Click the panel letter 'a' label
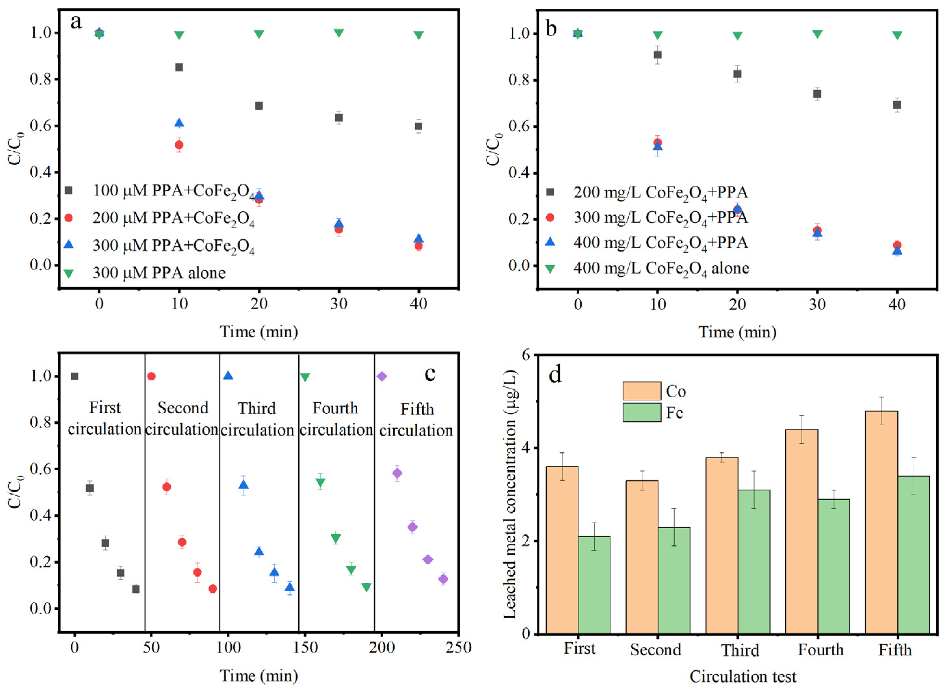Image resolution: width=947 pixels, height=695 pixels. [76, 22]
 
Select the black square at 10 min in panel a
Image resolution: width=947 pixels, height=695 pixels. [179, 67]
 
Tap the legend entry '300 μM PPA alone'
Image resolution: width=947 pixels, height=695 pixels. [159, 273]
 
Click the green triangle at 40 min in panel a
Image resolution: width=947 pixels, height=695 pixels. [418, 35]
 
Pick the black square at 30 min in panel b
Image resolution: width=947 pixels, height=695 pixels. [817, 94]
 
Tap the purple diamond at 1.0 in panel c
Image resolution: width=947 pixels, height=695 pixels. [382, 376]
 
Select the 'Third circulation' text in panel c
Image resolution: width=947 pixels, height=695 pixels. [257, 419]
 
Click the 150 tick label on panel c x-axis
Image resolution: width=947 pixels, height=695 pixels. [305, 648]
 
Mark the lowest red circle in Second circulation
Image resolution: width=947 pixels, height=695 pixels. [213, 589]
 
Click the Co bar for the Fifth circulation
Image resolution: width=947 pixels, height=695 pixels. [881, 522]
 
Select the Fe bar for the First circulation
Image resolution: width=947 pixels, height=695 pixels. [594, 585]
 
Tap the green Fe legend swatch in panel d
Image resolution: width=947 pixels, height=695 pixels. [642, 412]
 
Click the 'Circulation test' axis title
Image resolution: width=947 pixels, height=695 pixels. [743, 676]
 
